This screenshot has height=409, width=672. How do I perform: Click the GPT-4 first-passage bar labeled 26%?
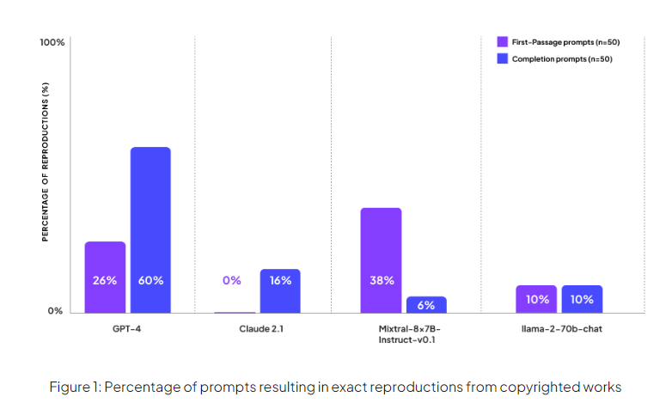105,277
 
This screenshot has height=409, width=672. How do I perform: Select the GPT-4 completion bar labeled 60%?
150,229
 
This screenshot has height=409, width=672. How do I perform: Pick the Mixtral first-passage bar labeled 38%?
381,259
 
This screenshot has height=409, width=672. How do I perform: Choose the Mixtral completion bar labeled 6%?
426,304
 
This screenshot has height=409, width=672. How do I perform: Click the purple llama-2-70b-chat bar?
536,298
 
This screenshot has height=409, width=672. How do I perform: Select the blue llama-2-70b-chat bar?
582,298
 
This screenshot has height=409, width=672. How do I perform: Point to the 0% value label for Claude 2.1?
232,280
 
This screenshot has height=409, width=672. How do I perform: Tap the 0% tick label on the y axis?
55,311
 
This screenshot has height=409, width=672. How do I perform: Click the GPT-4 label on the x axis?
127,329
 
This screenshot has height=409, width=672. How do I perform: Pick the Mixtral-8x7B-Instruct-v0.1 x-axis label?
403,335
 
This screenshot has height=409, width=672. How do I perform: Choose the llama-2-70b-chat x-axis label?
559,329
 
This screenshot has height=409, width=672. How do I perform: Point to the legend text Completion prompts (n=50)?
561,58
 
